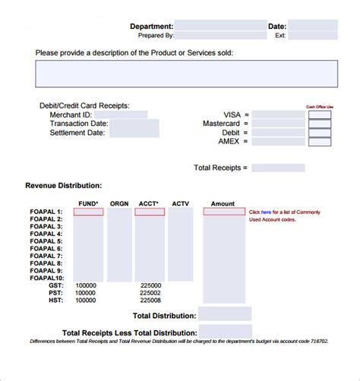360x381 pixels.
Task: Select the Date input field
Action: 313,26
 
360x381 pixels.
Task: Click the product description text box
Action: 186,74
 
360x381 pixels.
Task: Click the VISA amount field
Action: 278,115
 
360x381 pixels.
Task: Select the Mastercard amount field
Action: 278,124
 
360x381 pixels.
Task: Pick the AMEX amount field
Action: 278,142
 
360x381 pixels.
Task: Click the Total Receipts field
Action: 278,168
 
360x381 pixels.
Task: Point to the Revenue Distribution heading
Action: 64,185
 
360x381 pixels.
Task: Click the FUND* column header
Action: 88,203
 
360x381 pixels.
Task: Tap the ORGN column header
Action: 119,203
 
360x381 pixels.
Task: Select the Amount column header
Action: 223,203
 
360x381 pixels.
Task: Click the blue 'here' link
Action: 266,212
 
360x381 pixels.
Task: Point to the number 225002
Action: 150,292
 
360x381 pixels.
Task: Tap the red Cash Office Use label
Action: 320,107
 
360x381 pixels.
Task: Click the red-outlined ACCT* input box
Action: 150,213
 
